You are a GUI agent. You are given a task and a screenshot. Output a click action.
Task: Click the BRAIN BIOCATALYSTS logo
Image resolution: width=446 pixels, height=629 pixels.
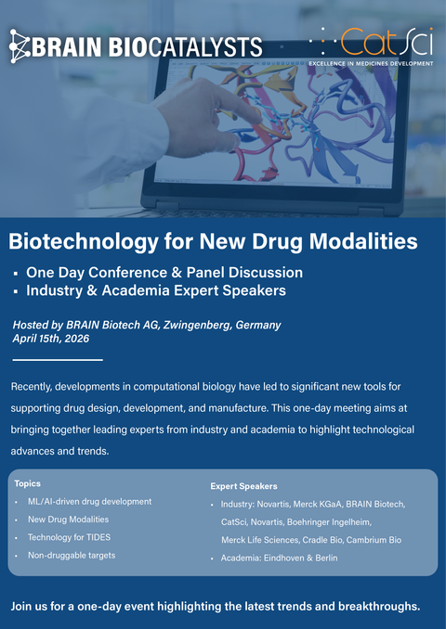click(x=136, y=45)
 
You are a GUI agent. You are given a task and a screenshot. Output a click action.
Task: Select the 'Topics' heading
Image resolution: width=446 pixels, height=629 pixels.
click(x=28, y=483)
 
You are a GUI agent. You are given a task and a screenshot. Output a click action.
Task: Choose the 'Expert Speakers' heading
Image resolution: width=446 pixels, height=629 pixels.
click(x=243, y=486)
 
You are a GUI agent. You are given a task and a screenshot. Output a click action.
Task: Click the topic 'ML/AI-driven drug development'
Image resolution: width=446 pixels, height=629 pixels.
click(x=89, y=502)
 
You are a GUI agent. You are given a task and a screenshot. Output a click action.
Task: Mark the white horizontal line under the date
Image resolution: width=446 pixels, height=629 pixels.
click(x=58, y=359)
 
